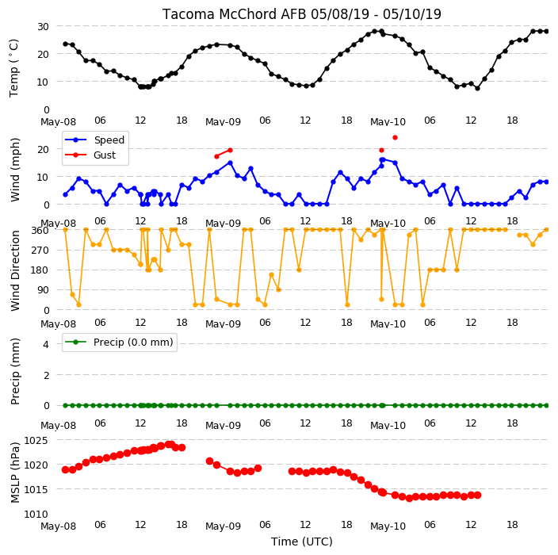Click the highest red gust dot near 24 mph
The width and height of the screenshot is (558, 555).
pos(395,137)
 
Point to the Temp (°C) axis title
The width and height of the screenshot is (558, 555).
pos(13,68)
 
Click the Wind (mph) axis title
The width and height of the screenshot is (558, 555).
pos(15,170)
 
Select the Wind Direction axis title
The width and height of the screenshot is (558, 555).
pos(15,270)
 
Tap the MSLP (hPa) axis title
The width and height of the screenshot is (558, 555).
pos(15,473)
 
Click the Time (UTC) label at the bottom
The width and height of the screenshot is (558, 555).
pos(302,542)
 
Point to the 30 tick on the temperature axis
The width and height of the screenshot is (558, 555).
pos(43,27)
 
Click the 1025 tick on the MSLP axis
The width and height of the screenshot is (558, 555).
pos(36,440)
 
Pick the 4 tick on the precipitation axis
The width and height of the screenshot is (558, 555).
pos(46,344)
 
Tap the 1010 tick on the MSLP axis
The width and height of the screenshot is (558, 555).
pos(36,514)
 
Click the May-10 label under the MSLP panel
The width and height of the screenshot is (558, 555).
pos(388,526)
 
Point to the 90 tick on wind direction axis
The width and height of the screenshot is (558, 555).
pos(43,290)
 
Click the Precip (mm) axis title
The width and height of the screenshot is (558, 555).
pos(15,371)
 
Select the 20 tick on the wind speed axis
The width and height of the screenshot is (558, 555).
pos(43,150)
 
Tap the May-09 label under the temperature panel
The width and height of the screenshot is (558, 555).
pos(224,122)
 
